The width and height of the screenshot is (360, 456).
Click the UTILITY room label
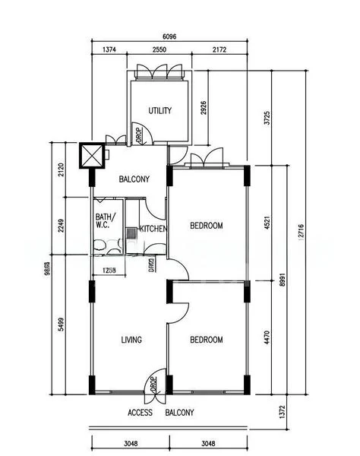(x=159, y=111)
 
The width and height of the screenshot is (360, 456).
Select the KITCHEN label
(x=153, y=228)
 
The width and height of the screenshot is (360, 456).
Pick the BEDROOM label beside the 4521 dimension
(x=206, y=226)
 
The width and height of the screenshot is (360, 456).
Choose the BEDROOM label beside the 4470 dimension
(x=206, y=340)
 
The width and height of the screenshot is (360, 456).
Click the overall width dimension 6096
(x=172, y=36)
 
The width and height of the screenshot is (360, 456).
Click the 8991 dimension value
(x=283, y=280)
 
